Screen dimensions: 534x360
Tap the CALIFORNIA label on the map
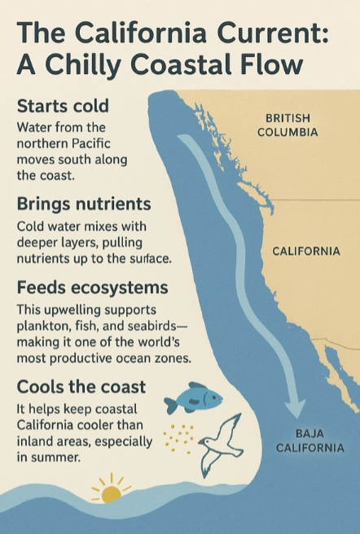click(306, 251)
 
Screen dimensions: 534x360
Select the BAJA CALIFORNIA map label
click(310, 440)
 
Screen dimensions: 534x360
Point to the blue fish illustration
click(192, 399)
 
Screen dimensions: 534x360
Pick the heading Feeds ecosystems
click(92, 289)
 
